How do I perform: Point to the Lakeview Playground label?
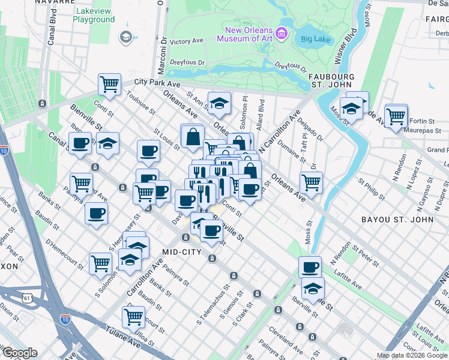94,15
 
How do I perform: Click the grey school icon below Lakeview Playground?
125,37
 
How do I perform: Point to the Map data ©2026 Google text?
412,356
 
